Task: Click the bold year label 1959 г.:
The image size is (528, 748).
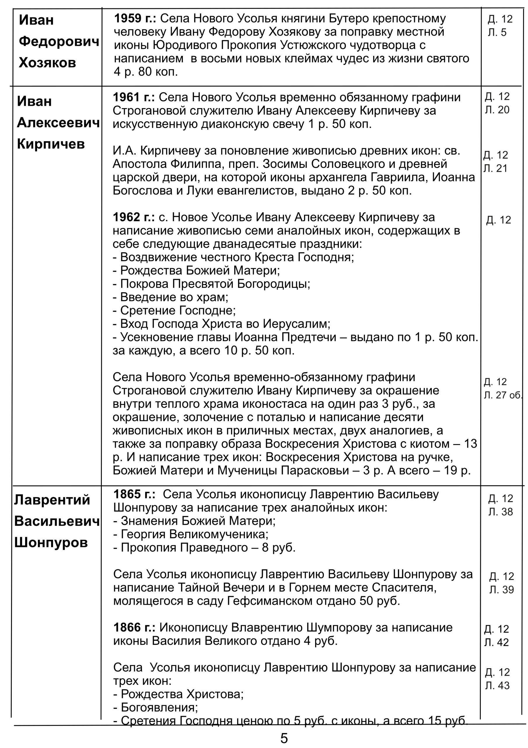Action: [x=135, y=19]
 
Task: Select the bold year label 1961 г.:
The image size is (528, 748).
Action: [x=134, y=97]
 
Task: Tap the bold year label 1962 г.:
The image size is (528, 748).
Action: [x=134, y=217]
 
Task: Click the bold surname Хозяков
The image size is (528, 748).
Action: [x=48, y=63]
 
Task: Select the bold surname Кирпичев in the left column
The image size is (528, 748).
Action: [x=51, y=144]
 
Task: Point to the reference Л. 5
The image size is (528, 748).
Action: [x=497, y=32]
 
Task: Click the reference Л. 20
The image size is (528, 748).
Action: [x=497, y=110]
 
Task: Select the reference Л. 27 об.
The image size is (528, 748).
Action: [x=503, y=395]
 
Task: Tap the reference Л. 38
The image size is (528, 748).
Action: [x=500, y=512]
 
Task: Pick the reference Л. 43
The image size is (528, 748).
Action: [x=497, y=685]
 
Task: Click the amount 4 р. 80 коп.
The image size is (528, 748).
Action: [x=146, y=72]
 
